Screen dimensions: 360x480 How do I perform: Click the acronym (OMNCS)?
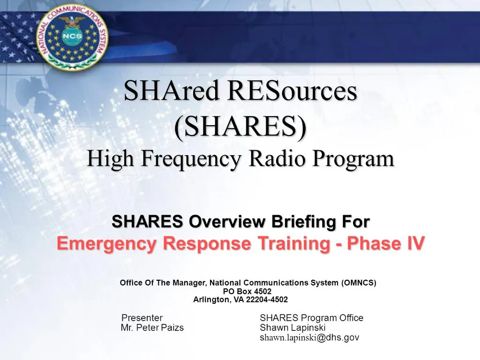[359, 283]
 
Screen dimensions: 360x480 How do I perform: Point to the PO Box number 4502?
[261, 291]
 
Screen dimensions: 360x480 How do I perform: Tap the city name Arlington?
[211, 300]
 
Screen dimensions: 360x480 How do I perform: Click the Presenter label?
[142, 318]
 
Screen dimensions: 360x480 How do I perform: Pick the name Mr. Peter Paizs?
[152, 328]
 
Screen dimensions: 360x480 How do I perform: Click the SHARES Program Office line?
[311, 318]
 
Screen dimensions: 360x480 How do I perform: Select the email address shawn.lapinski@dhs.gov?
[309, 337]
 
